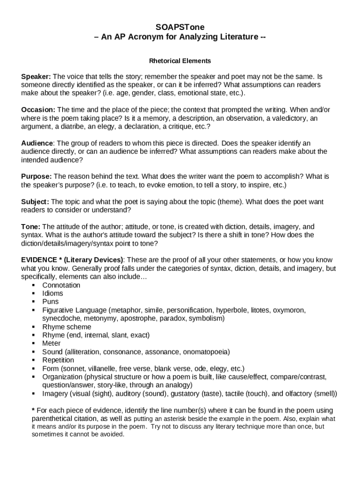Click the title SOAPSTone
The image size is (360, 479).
(180, 27)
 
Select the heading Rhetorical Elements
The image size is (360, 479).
(180, 61)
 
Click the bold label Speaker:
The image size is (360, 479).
(36, 76)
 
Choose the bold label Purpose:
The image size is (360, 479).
(36, 176)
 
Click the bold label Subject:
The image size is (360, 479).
(35, 202)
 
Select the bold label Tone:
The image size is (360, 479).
(31, 226)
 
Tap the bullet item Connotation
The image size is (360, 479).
(61, 285)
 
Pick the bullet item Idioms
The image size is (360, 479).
(53, 293)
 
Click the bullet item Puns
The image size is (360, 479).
(50, 302)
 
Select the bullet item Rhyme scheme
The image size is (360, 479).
(67, 327)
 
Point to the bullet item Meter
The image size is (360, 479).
(51, 343)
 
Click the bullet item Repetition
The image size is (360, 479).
(58, 360)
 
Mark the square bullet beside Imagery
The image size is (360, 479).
(34, 393)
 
